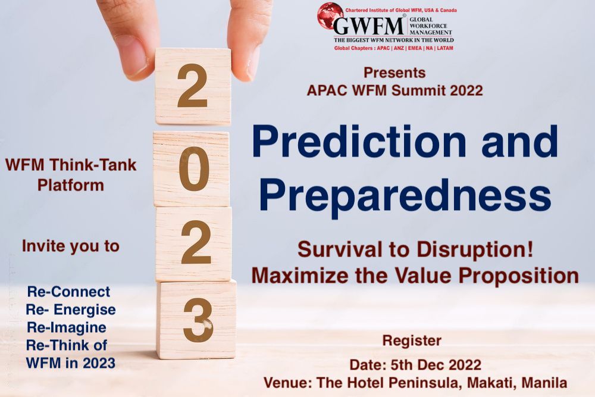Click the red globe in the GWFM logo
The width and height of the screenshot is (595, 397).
330,15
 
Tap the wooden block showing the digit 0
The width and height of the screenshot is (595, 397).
192,169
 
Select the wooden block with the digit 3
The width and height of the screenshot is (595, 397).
196,320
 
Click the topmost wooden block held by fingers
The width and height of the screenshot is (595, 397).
193,86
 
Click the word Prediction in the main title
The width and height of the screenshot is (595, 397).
359,142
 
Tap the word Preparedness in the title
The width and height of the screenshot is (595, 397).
405,195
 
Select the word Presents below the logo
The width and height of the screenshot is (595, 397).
394,73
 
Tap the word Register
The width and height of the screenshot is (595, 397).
412,341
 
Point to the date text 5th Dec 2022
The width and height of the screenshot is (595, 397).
436,365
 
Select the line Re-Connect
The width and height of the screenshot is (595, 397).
68,292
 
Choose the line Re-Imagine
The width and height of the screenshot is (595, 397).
67,327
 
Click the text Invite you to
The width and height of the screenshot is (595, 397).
71,246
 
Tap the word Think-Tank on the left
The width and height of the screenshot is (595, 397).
93,165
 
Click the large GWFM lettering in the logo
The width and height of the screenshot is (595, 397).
368,26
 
